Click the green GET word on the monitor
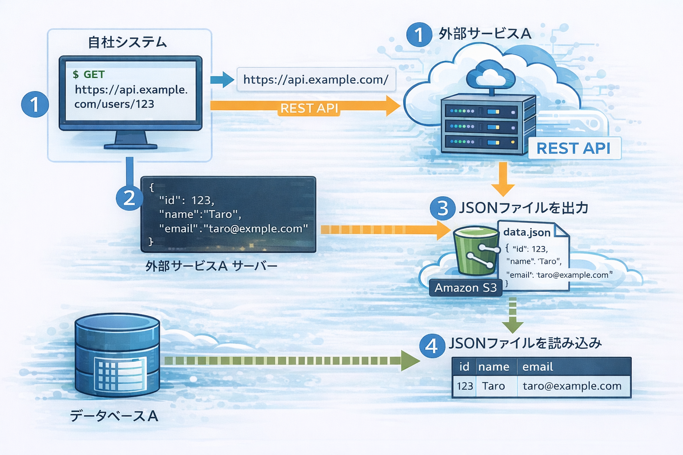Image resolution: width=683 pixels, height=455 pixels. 94,74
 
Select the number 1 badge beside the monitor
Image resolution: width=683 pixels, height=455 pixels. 35,104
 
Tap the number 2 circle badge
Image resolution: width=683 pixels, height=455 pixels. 129,198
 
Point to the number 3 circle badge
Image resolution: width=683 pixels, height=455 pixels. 443,208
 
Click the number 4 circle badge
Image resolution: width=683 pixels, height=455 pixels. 432,346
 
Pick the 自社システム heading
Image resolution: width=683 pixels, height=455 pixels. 127,42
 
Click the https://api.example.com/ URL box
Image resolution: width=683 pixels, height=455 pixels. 315,80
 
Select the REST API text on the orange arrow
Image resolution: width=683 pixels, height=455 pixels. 309,109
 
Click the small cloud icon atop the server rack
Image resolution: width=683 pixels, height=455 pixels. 491,75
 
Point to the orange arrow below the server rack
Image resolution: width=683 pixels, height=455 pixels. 503,179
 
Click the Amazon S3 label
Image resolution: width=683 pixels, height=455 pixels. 465,288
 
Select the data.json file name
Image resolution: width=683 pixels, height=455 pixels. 526,232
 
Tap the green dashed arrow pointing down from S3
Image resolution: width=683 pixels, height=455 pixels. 512,315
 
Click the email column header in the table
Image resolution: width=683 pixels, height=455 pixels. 538,367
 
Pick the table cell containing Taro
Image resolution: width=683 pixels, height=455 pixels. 494,386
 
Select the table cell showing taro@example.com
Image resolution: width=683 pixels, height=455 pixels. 572,386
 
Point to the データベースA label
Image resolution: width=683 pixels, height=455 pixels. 114,416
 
